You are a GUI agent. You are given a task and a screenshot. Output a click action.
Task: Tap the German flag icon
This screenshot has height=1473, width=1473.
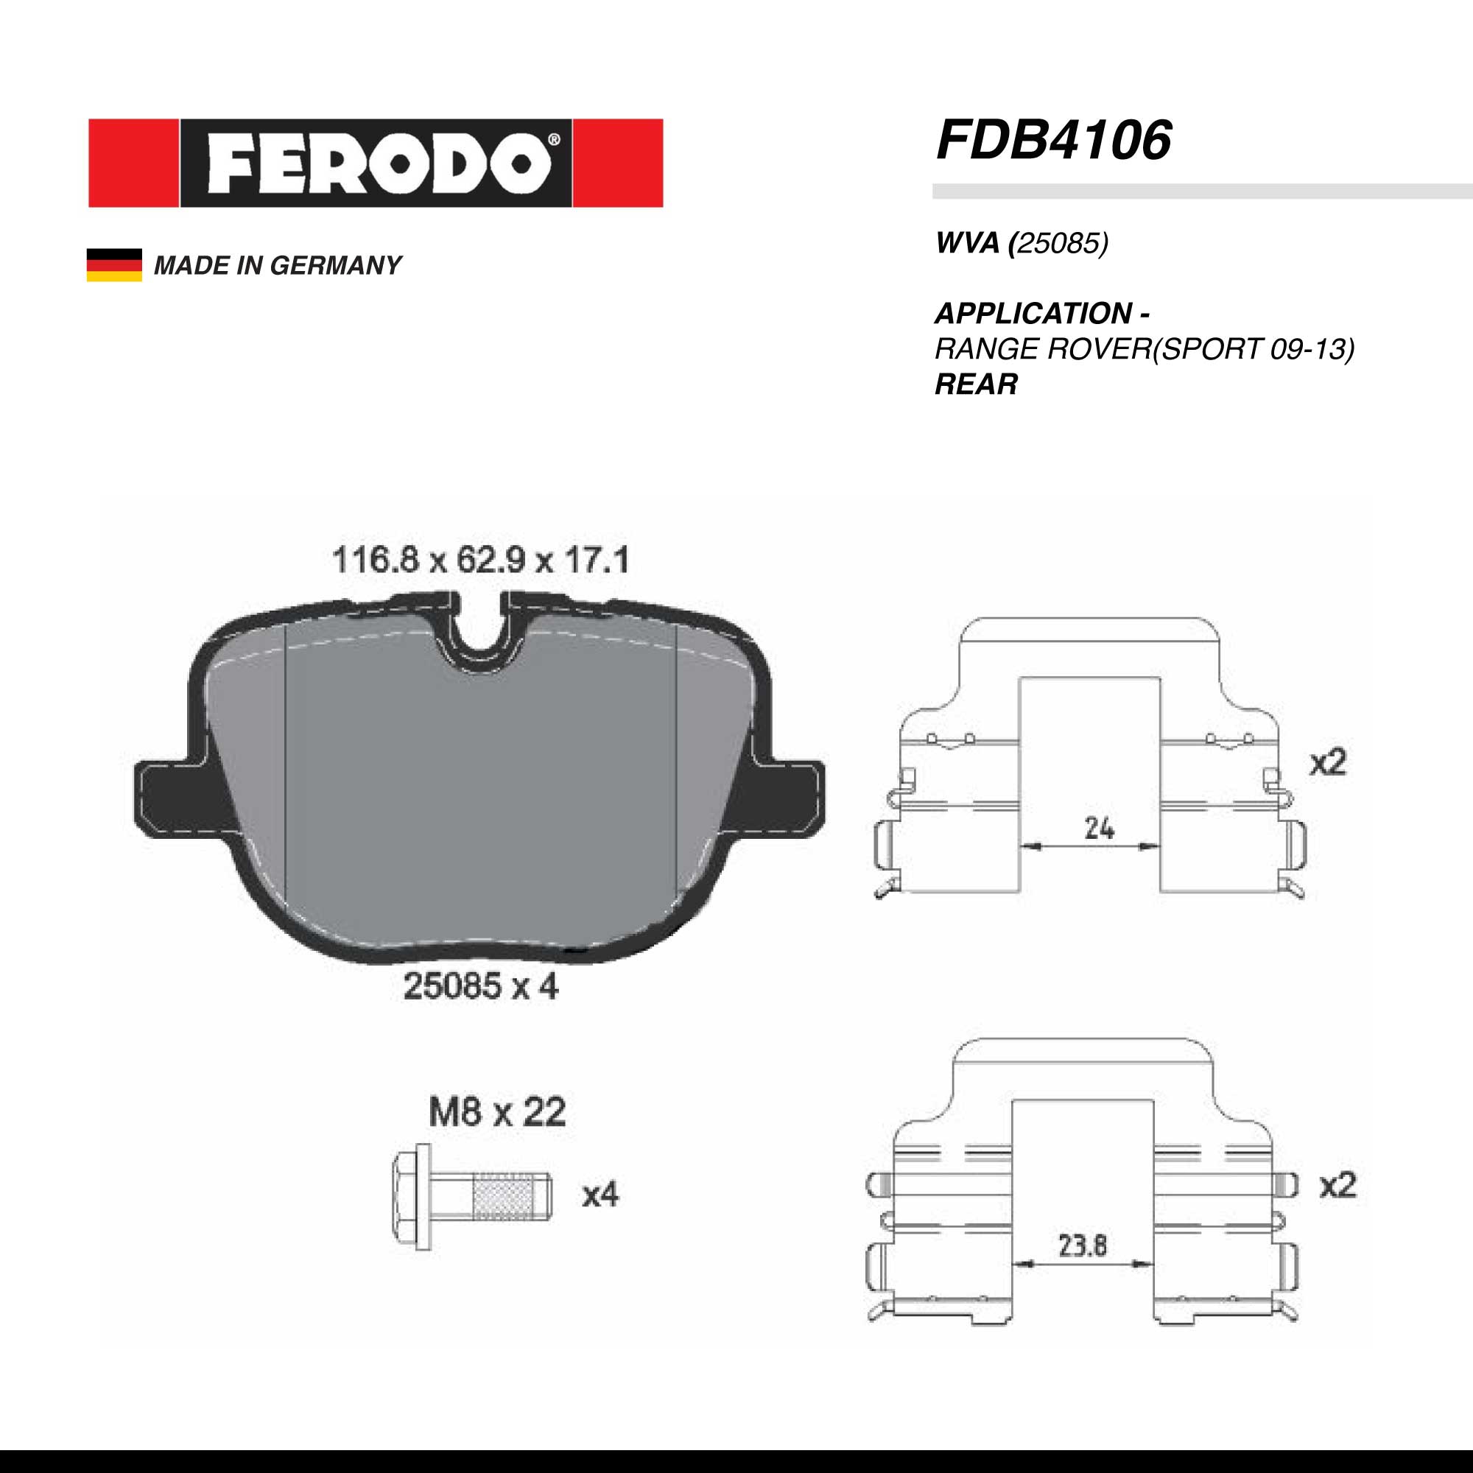pos(114,264)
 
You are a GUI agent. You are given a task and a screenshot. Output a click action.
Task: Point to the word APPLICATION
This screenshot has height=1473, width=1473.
pos(1033,313)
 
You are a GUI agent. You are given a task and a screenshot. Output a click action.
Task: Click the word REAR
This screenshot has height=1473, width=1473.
pos(976,384)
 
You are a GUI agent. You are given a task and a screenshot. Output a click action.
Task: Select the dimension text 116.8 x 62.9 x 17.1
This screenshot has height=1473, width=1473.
pos(481,560)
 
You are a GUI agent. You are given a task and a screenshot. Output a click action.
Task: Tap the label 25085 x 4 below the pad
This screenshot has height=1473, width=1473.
pos(480,988)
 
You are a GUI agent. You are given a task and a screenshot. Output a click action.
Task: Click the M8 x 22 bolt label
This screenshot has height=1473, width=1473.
pos(497,1112)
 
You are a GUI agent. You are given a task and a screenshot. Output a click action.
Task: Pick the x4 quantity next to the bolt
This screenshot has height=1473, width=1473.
pos(601,1195)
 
